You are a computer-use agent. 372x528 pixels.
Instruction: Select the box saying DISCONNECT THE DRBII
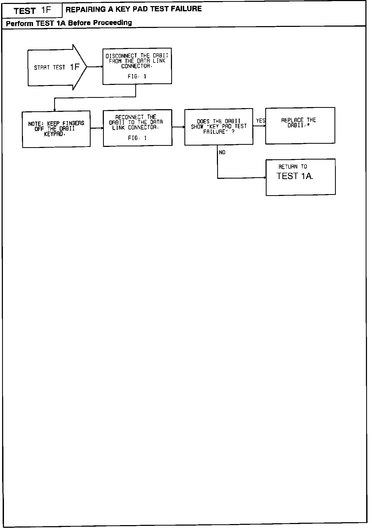(x=137, y=66)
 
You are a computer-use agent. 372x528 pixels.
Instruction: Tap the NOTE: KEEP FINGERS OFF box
(x=56, y=129)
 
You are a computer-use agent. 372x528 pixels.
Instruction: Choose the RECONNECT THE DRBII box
(x=137, y=128)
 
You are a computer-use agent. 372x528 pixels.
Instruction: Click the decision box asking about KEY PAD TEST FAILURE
(x=218, y=127)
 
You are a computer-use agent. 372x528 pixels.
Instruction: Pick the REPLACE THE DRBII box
(x=300, y=126)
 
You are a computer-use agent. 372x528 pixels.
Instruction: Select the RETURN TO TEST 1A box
(x=300, y=177)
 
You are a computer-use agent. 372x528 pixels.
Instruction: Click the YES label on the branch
(x=261, y=121)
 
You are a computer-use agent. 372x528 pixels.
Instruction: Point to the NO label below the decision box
(x=222, y=152)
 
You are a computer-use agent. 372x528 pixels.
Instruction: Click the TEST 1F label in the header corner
(x=32, y=11)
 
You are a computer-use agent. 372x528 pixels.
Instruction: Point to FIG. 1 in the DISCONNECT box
(x=137, y=76)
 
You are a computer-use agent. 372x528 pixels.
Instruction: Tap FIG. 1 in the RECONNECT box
(x=137, y=138)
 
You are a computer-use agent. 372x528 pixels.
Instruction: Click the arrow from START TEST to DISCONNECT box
(x=95, y=67)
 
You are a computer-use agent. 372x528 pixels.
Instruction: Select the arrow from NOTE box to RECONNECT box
(x=97, y=128)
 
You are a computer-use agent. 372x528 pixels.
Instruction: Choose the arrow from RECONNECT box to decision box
(x=178, y=127)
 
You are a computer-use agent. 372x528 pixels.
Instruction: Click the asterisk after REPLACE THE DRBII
(x=308, y=125)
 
